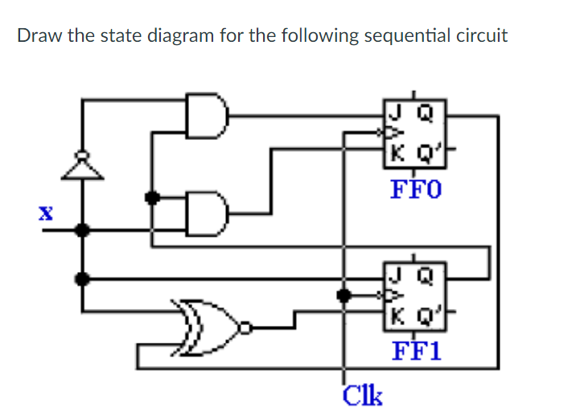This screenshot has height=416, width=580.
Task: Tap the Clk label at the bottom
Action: pos(363,395)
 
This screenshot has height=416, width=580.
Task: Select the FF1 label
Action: pos(416,352)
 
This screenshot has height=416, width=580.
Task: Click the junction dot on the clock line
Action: pos(345,295)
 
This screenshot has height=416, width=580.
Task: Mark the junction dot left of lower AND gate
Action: pos(150,196)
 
